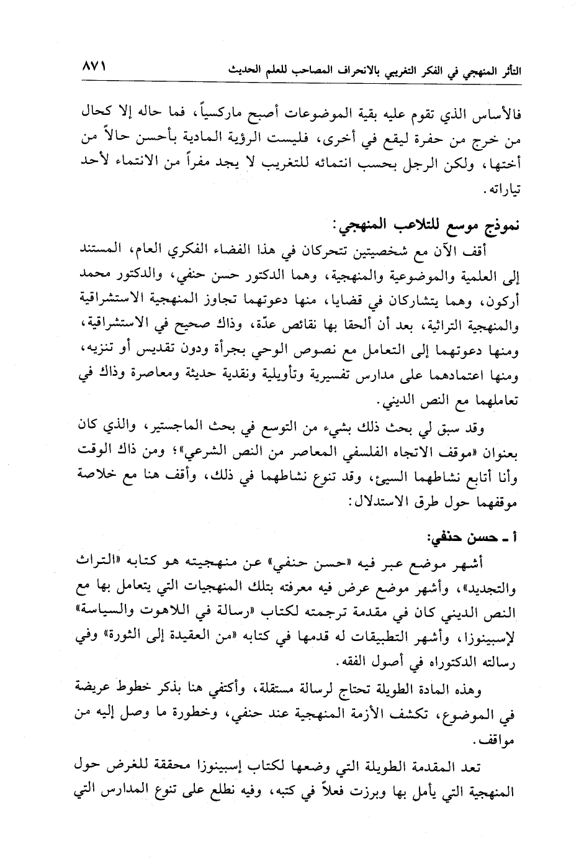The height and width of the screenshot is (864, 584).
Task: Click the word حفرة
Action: pos(431,140)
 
